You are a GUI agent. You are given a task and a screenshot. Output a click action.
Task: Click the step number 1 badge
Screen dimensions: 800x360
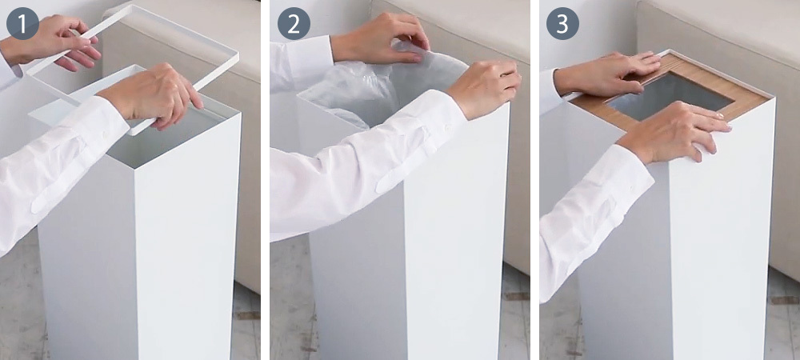[x=22, y=23]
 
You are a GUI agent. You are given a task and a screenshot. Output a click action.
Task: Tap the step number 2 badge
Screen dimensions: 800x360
[x=294, y=23]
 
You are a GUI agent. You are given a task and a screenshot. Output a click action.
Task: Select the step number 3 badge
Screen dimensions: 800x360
[x=562, y=23]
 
